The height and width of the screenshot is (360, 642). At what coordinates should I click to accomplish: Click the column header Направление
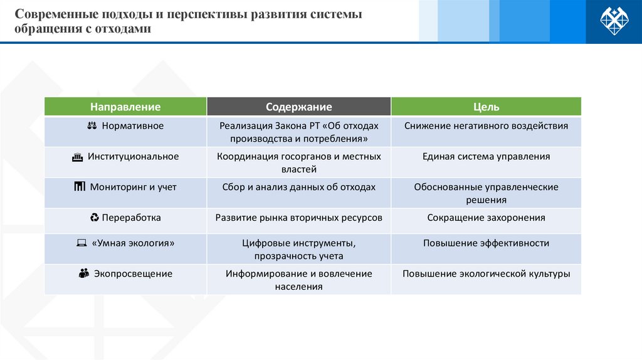[125, 107]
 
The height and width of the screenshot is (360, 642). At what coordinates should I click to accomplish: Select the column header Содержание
[298, 107]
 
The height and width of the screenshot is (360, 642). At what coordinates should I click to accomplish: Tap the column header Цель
[486, 107]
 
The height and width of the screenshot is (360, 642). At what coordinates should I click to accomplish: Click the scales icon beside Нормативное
[91, 126]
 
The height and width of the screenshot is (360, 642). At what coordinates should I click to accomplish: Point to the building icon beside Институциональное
[77, 157]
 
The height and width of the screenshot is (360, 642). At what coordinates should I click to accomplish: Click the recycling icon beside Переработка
[95, 218]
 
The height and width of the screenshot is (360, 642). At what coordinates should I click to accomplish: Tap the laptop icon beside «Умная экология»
[81, 243]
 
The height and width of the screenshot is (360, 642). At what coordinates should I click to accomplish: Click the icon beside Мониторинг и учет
[79, 187]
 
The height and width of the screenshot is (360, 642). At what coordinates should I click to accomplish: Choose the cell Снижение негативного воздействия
[486, 126]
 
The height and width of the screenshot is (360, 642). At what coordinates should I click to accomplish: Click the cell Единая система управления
[486, 157]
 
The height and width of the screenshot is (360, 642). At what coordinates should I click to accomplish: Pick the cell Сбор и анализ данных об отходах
[298, 187]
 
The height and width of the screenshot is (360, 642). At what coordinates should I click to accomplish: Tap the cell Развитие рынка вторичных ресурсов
[298, 218]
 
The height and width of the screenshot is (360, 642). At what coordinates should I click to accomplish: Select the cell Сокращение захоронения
[486, 218]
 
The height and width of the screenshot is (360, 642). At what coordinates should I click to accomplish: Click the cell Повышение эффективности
[486, 243]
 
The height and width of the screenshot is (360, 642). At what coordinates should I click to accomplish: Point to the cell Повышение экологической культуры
[486, 273]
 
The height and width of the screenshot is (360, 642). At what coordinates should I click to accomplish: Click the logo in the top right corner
[614, 21]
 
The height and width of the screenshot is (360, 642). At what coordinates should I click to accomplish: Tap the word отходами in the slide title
[124, 29]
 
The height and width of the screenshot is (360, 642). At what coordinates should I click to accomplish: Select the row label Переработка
[132, 218]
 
